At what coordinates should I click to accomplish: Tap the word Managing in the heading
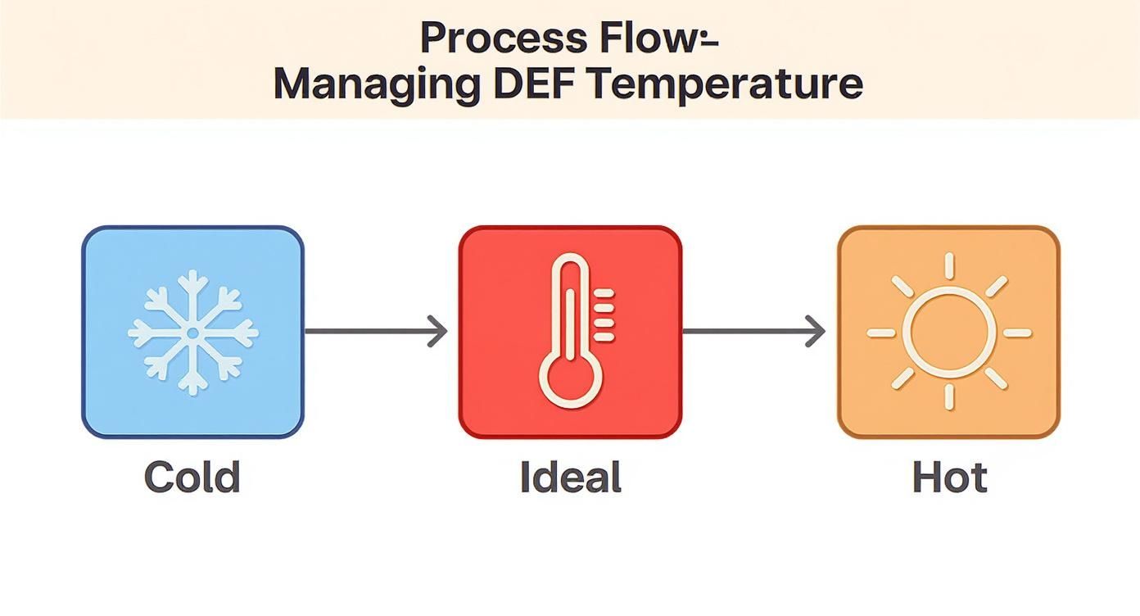[x=377, y=84]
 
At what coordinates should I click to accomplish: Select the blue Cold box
[x=193, y=332]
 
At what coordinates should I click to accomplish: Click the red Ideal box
[x=570, y=332]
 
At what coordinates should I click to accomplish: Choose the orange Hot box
[x=948, y=332]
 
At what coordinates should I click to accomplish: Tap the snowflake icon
[x=193, y=333]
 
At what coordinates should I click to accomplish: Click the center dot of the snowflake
[x=193, y=333]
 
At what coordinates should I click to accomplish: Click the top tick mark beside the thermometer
[x=604, y=293]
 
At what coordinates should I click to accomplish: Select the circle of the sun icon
[x=948, y=333]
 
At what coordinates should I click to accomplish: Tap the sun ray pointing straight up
[x=949, y=265]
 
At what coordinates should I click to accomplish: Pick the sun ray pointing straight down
[x=949, y=397]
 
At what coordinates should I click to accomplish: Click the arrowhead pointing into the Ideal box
[x=437, y=332]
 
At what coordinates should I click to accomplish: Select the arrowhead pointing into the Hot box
[x=816, y=332]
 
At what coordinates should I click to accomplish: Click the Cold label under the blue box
[x=192, y=477]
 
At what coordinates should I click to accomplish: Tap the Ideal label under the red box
[x=571, y=477]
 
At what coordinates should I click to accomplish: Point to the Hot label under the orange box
[x=950, y=477]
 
